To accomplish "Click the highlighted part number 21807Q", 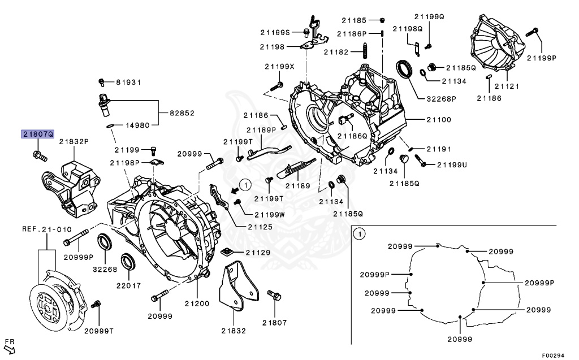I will (37, 135).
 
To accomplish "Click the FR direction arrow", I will (10, 347).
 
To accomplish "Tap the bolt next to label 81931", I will (102, 83).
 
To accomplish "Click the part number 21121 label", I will (506, 86).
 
